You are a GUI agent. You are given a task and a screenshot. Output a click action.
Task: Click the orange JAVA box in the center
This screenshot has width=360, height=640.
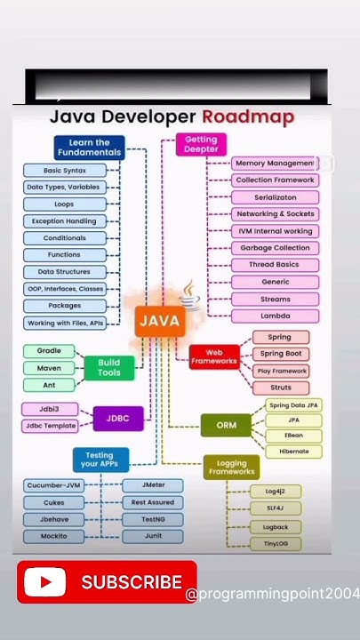coord(160,321)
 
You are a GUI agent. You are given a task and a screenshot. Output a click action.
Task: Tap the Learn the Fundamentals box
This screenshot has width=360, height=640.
coord(89,148)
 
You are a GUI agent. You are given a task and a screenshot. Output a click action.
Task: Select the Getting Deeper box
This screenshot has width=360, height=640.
coord(201,145)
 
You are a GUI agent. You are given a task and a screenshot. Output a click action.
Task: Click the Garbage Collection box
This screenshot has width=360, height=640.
coord(274,248)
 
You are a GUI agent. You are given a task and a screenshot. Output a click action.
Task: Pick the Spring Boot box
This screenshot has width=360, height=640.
coord(280,354)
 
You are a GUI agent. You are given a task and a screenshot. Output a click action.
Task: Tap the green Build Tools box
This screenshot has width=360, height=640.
coord(108,368)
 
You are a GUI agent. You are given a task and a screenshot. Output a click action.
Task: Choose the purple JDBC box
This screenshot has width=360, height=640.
coord(118,418)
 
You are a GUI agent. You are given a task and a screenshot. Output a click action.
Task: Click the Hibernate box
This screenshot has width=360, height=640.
coord(293,452)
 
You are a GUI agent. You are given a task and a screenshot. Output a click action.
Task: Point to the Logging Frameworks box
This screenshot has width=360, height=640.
coord(232,467)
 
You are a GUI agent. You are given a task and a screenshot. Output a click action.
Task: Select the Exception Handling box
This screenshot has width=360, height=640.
coord(63,221)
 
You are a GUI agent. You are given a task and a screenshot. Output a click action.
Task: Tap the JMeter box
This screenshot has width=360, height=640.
coord(151,485)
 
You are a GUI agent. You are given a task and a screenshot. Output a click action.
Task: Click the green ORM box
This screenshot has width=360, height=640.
coord(227,425)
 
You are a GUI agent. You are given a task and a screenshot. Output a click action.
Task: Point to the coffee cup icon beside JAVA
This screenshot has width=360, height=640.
coord(190,296)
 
